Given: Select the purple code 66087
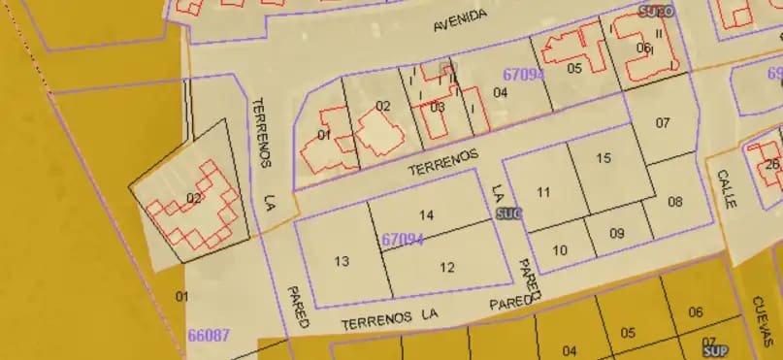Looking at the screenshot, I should coord(209,336).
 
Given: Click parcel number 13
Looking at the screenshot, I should coord(342,261).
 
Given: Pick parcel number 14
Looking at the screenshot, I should coord(426,214).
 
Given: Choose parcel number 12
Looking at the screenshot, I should coord(447,267).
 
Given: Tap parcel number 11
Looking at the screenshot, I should coord(543,192).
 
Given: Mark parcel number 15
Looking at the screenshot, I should coord(604,158).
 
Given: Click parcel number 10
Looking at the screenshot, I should coord(560,250).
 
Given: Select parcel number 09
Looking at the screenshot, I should coord(617,234).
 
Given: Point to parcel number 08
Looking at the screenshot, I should coord(675,203).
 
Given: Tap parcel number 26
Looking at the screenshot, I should coord(772,164).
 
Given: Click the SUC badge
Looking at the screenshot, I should coord(507,212).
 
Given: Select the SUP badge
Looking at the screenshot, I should coord(716,349).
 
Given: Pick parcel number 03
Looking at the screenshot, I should coord(438,107).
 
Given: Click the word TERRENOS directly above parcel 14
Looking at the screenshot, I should coord(443,161).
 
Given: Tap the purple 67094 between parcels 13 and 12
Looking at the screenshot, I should coord(403,239).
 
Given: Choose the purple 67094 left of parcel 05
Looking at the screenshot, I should coord(524,74).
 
